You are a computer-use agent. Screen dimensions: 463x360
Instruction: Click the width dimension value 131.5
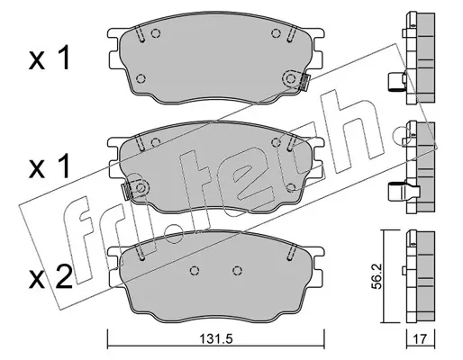(216, 339)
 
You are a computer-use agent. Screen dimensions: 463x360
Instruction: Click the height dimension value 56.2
(376, 276)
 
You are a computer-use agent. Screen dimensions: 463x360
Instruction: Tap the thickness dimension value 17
(420, 339)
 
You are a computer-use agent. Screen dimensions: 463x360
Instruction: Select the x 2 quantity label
(50, 278)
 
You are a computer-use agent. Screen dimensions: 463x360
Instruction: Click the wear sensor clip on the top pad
(304, 83)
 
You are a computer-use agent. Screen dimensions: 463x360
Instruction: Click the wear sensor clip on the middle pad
(126, 191)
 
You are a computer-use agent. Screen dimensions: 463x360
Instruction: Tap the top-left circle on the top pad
(155, 33)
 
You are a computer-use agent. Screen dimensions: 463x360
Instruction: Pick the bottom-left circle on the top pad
(141, 78)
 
